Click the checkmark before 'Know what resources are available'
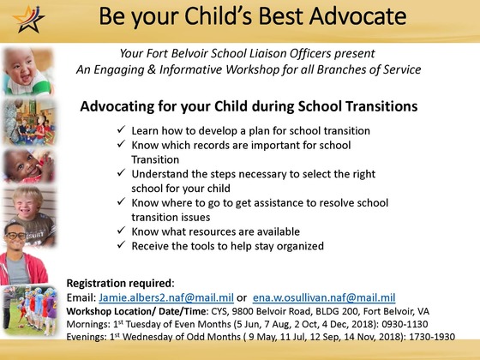(120, 231)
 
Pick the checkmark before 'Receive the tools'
(120, 246)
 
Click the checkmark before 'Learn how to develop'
(120, 130)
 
